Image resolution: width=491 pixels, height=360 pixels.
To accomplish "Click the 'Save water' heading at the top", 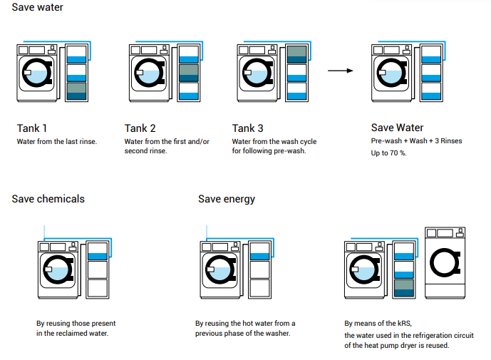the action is (37, 7).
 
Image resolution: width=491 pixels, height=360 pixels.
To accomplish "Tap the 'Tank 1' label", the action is (31, 128).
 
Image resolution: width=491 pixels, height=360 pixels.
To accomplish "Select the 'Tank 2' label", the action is (140, 128).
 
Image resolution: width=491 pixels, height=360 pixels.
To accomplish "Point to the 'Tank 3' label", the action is (248, 128).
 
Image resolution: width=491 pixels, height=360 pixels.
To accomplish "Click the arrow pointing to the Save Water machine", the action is (341, 71).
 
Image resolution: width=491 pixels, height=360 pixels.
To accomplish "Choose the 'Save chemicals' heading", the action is (48, 199).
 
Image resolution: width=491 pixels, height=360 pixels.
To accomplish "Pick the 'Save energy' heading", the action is (227, 199).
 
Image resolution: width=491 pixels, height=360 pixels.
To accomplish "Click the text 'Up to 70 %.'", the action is (388, 153).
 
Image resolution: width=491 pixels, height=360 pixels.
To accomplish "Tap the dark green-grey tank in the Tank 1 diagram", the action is (77, 91).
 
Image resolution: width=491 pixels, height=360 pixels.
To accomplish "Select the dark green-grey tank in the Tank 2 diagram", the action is (189, 73).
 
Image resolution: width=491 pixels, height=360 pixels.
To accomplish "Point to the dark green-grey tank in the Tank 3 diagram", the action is (297, 55).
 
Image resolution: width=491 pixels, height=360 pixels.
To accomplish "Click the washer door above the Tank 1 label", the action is (37, 73).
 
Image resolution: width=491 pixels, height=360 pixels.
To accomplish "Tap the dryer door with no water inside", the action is (445, 262).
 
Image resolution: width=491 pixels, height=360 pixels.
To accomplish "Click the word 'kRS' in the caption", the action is (404, 323).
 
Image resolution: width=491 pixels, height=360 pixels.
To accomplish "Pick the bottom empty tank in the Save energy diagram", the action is (260, 288).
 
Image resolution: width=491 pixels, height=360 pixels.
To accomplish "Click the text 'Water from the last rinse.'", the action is (57, 142).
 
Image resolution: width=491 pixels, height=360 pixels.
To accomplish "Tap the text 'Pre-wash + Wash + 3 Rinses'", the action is (416, 141).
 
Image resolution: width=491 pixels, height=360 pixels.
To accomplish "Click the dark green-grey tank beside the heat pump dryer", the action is (404, 288).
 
